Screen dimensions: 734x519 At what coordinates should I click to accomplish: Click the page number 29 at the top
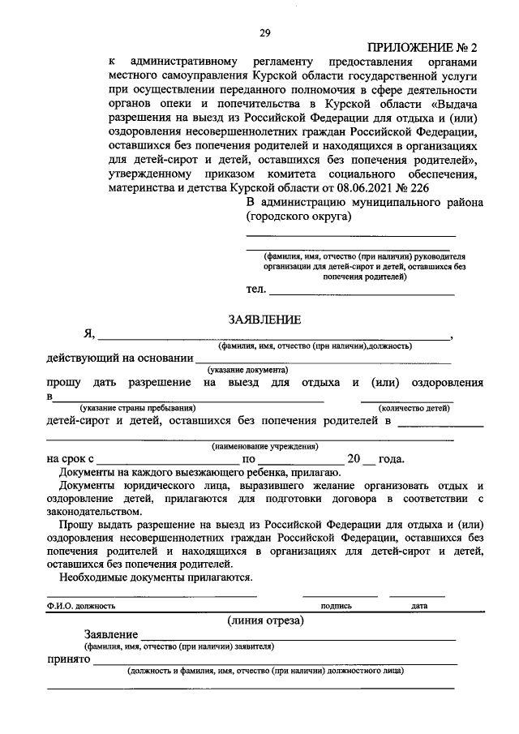[264, 32]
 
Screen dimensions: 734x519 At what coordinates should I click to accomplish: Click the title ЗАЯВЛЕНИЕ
[264, 320]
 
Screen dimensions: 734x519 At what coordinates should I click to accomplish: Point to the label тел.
[255, 290]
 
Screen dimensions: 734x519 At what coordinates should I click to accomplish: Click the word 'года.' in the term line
[391, 459]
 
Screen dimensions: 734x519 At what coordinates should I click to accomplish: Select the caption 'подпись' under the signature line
[336, 605]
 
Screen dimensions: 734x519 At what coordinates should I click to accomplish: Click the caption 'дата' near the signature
[418, 605]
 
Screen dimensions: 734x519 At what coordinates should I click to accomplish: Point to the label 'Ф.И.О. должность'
[81, 605]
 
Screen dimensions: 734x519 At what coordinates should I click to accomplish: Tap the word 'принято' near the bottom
[67, 661]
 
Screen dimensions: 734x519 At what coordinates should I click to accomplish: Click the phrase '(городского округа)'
[298, 217]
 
